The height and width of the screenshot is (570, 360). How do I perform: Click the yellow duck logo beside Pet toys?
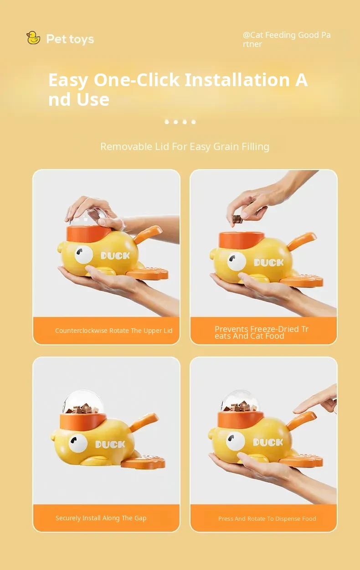tap(33, 38)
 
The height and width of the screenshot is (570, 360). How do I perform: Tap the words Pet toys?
tap(70, 39)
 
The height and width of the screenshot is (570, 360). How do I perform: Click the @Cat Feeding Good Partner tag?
tap(287, 39)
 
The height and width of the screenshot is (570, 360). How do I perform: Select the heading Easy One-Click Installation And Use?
tap(178, 89)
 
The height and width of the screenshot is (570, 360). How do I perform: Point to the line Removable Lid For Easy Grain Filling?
tap(185, 146)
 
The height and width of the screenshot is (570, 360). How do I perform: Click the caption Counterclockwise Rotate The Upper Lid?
tap(113, 331)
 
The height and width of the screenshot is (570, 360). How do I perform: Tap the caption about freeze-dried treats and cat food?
tap(262, 332)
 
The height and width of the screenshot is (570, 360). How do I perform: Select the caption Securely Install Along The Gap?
tap(101, 518)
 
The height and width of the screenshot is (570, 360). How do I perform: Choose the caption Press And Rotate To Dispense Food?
tap(267, 518)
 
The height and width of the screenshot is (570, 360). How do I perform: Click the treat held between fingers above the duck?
tap(237, 219)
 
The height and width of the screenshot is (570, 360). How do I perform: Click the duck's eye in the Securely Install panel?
tap(78, 443)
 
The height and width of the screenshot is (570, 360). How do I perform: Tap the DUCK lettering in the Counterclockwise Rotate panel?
tap(115, 255)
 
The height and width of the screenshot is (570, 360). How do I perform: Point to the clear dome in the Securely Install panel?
tap(83, 402)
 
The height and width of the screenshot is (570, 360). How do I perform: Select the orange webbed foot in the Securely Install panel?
tap(143, 463)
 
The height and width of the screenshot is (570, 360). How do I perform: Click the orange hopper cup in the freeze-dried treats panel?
tap(241, 241)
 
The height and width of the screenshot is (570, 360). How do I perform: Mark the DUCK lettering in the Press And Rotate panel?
tap(268, 442)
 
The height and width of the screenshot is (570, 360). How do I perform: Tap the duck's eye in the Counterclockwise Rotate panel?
tap(84, 254)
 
